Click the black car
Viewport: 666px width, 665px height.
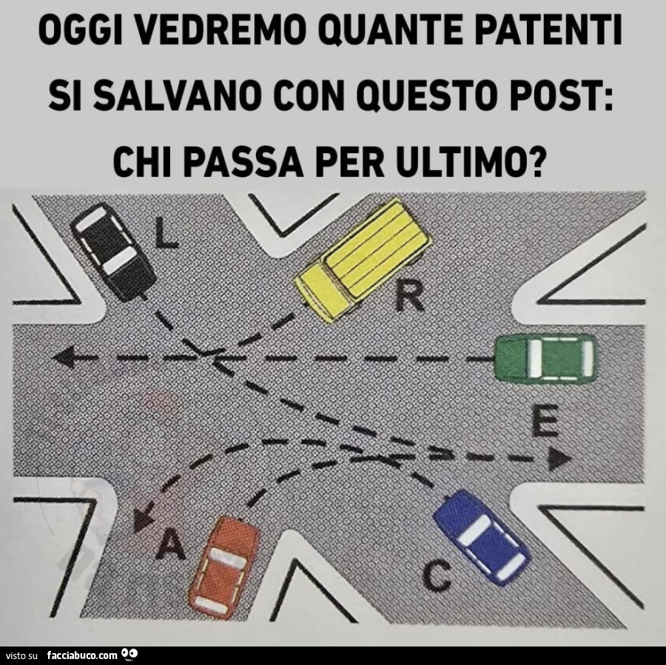click(113, 252)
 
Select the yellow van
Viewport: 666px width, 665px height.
click(363, 259)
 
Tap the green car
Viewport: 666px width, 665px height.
click(545, 358)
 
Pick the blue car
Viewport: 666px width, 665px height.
click(481, 537)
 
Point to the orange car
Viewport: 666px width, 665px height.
click(224, 568)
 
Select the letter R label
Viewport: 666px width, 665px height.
click(409, 297)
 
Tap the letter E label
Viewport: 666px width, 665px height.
click(545, 420)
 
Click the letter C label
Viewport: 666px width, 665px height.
click(437, 575)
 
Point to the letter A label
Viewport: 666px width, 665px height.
click(170, 545)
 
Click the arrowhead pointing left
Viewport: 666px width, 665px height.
click(64, 357)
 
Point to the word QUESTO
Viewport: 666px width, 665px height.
click(428, 96)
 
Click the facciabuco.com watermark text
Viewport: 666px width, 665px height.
click(82, 655)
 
